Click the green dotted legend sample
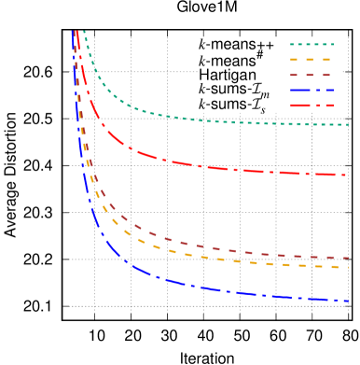[x=312, y=44]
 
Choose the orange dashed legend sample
[x=312, y=60]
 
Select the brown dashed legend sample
[x=312, y=75]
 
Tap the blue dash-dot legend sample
[x=312, y=91]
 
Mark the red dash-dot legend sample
[x=312, y=105]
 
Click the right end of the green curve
[x=348, y=124]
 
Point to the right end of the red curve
[x=348, y=175]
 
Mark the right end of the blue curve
[x=348, y=301]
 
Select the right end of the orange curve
[x=348, y=267]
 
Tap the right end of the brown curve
[x=348, y=258]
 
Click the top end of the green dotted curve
[x=84, y=32]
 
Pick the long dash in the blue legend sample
[x=300, y=91]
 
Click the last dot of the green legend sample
[x=331, y=44]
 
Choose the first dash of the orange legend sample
[x=296, y=60]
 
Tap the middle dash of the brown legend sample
[x=312, y=75]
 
